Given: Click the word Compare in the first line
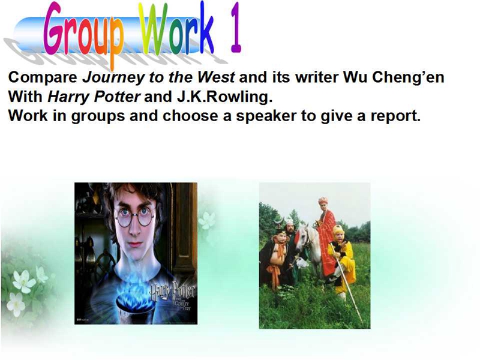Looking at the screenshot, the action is tap(43, 77).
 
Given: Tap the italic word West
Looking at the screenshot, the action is tap(216, 77).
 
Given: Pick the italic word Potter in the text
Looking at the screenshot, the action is tap(117, 97).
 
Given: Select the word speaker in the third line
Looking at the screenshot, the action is tap(266, 116).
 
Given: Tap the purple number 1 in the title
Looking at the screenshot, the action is tap(236, 28).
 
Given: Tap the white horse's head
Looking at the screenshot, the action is tap(303, 236).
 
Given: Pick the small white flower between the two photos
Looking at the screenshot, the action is tap(206, 221).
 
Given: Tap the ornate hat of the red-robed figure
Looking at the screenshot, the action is tap(323, 201).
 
